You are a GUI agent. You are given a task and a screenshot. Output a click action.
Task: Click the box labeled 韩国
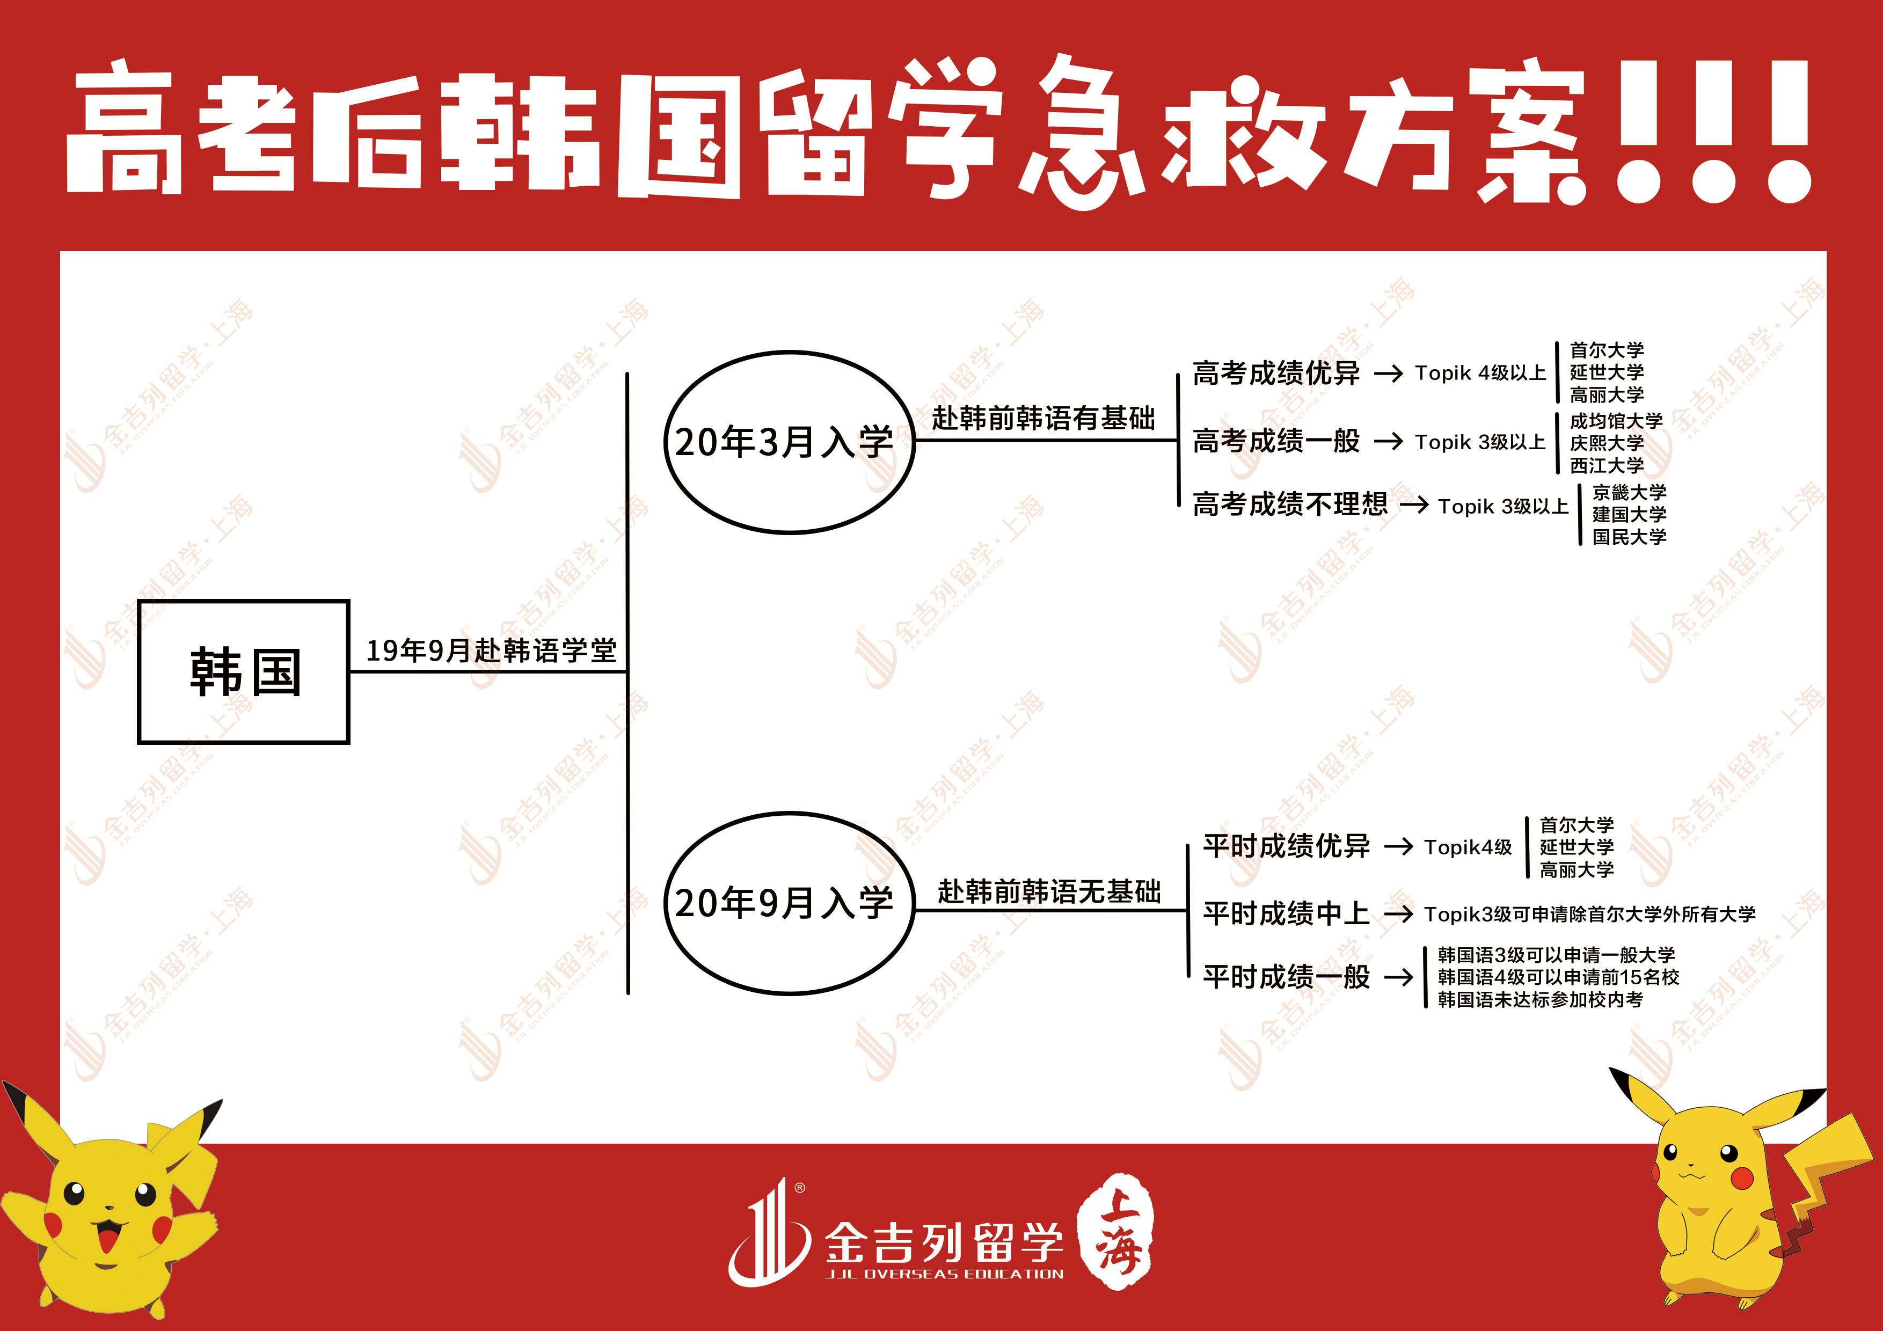tap(244, 671)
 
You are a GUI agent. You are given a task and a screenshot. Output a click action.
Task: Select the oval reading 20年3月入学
tap(789, 442)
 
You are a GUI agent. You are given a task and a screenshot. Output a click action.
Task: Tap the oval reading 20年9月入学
tap(789, 903)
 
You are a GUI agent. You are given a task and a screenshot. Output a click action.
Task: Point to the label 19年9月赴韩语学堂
tap(491, 650)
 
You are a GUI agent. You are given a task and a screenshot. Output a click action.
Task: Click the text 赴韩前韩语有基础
tap(1043, 418)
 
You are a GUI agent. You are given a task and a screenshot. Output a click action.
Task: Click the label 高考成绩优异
tap(1276, 373)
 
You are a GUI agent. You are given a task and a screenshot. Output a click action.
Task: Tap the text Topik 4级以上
tap(1480, 373)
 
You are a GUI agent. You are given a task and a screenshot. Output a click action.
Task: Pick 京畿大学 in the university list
tap(1629, 492)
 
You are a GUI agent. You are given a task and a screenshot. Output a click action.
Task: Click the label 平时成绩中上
tap(1286, 913)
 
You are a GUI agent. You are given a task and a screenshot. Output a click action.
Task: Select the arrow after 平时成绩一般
tap(1398, 977)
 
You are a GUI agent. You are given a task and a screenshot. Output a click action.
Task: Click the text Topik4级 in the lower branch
tap(1468, 847)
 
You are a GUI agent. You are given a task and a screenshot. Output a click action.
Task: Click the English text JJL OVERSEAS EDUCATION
tap(945, 1274)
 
